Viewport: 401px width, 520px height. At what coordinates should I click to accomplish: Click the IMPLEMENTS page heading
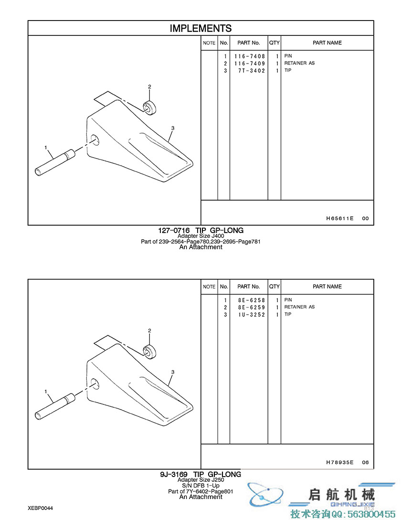tap(200, 28)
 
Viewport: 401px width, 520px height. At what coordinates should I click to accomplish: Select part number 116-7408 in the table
tap(249, 56)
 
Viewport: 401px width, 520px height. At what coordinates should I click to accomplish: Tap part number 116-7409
tap(249, 64)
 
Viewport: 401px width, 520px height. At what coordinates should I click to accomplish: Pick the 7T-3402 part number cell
tap(252, 71)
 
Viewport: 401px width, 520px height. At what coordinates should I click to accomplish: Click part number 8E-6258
tap(252, 300)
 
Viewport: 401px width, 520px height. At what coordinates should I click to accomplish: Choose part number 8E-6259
tap(252, 308)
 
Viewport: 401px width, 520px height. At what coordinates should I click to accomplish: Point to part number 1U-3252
tap(252, 315)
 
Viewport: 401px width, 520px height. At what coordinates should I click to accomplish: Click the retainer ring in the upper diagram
tap(150, 107)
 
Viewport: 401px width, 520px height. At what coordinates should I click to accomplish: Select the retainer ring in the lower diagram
tap(150, 351)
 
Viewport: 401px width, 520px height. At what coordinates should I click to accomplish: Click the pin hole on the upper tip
tap(95, 139)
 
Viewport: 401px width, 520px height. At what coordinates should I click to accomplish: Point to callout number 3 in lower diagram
tap(172, 372)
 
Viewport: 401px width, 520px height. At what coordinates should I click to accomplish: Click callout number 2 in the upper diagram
tap(149, 86)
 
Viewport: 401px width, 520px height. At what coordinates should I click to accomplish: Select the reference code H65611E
tap(339, 218)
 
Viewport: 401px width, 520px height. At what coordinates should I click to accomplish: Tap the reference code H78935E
tap(339, 462)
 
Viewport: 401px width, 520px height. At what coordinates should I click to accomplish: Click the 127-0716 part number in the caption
tap(174, 230)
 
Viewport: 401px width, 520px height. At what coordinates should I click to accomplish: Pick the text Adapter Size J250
tap(200, 480)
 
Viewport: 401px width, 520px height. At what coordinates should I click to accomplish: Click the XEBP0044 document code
tap(40, 508)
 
